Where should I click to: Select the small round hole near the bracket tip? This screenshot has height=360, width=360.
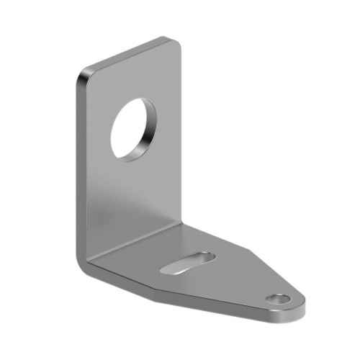tap(278, 298)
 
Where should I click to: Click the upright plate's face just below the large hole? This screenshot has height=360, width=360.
tap(133, 187)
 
